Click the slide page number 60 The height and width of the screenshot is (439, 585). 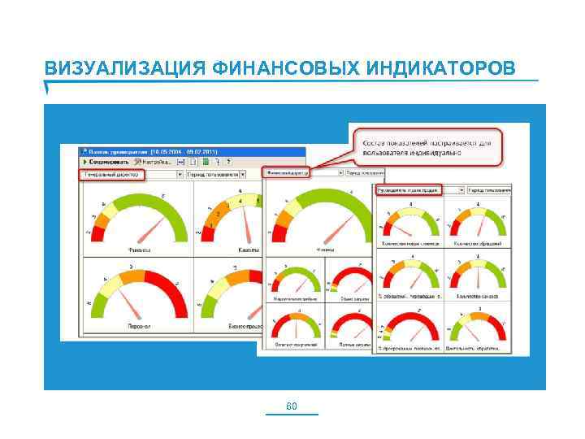coord(292,406)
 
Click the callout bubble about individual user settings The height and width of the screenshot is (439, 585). coord(427,146)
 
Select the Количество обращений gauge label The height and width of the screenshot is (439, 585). coord(479,243)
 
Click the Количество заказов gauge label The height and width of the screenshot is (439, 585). coord(479,295)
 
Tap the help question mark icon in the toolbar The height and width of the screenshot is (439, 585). coord(229,163)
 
